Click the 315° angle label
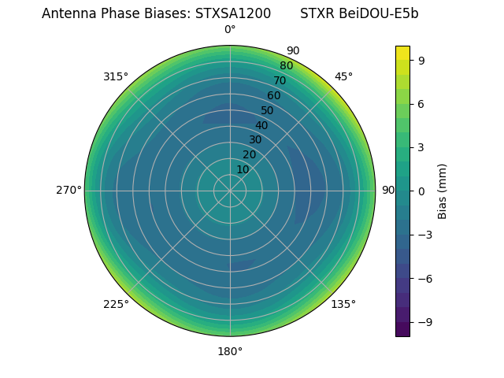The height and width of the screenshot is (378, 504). [115, 76]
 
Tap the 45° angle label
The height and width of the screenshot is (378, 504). [343, 76]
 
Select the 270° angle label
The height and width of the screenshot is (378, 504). [69, 190]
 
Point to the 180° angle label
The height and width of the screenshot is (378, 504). [230, 351]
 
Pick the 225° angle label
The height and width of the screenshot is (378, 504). [116, 304]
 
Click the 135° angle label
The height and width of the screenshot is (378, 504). [343, 304]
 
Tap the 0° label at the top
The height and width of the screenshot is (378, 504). [230, 30]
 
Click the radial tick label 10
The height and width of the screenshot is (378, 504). [243, 169]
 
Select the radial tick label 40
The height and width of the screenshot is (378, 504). [261, 125]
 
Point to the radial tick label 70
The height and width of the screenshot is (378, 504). [280, 80]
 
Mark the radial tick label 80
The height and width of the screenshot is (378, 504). [286, 65]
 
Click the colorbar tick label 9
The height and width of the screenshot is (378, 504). [422, 60]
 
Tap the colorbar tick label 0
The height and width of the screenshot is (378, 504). [422, 191]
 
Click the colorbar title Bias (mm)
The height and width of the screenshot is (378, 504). [443, 191]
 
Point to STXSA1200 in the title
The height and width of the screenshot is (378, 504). [233, 13]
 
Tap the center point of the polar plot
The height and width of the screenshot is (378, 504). [230, 191]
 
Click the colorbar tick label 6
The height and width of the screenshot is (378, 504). [422, 103]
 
